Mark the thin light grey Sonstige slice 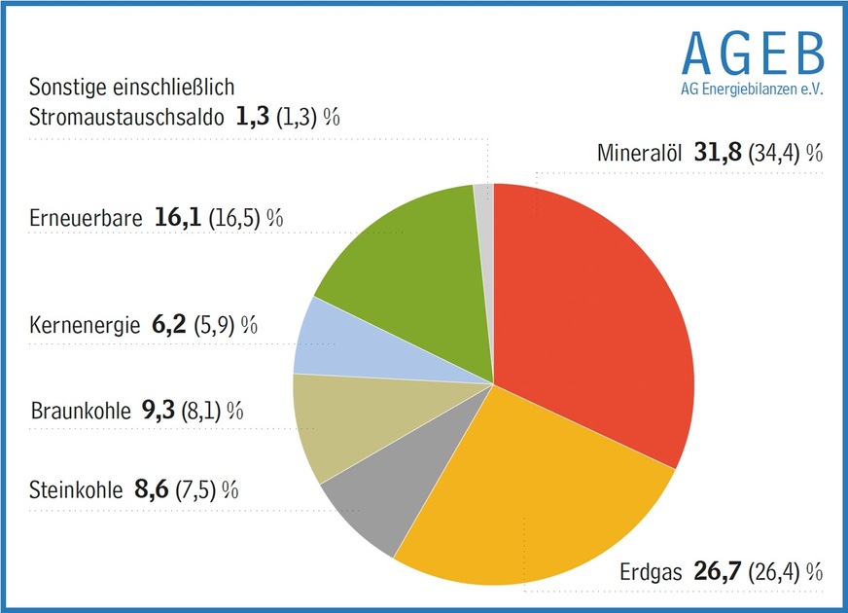pyautogui.click(x=484, y=194)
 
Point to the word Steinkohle pyautogui.click(x=76, y=489)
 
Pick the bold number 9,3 pyautogui.click(x=157, y=410)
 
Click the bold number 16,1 pyautogui.click(x=178, y=217)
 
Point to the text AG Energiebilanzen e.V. pyautogui.click(x=752, y=89)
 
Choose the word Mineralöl pyautogui.click(x=640, y=154)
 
